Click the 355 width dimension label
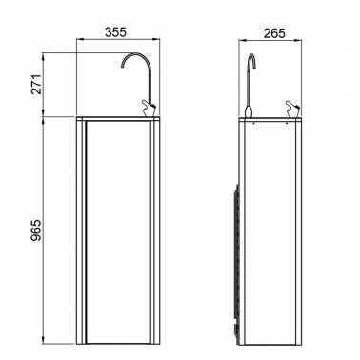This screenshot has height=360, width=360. point(115,32)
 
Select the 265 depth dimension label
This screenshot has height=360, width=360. point(274,33)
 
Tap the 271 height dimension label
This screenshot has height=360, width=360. point(37,84)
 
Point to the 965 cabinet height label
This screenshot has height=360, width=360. point(37,230)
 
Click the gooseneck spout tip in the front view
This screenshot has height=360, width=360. point(122,66)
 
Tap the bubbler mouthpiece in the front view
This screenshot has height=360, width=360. point(148,108)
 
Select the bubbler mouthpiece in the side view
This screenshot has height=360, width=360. point(292,109)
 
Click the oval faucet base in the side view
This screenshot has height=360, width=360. point(249,111)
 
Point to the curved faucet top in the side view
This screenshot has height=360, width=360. point(251,60)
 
